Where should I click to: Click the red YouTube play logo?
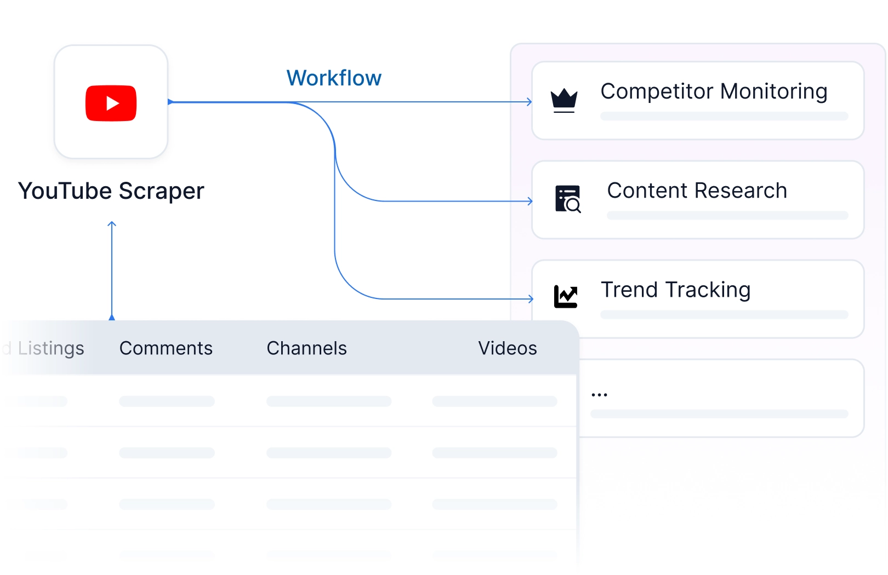coord(111,103)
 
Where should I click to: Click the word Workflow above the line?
coord(334,78)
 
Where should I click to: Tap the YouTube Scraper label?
coord(111,191)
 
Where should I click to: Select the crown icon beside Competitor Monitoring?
coord(563,101)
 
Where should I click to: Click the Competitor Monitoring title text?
coord(714,91)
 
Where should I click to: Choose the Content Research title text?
coord(697,191)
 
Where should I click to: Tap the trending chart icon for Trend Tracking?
coord(566,297)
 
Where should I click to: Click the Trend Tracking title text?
coord(675,290)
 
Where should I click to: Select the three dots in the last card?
coord(599,395)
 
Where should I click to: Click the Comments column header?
coord(166,348)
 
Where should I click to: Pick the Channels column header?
coord(306,348)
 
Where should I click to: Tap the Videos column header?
coord(508,348)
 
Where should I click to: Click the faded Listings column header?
coord(51,348)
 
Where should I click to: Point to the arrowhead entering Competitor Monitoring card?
coord(530,102)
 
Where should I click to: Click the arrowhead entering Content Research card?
coord(530,201)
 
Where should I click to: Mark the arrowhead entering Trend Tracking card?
coord(531,299)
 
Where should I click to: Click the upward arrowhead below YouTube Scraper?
coord(112,224)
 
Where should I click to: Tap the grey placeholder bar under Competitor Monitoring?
coord(724,116)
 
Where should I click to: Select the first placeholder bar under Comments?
coord(167,401)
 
